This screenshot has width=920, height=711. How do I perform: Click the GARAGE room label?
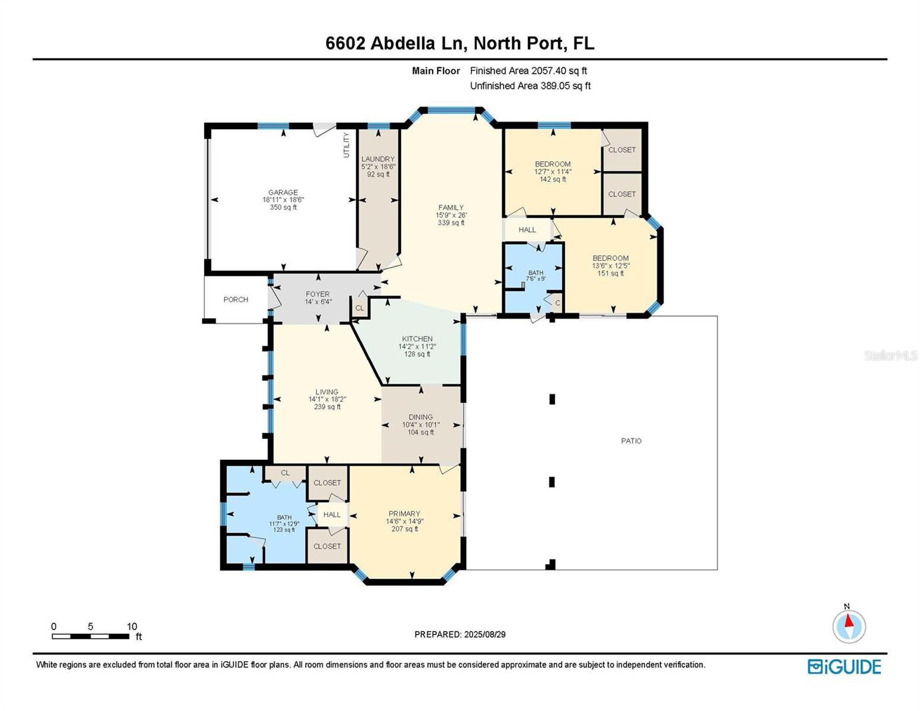coord(283,192)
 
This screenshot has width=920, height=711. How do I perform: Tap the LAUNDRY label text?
coord(377,159)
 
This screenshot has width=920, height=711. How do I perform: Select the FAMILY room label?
coord(451,207)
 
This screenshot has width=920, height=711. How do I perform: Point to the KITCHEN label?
coord(417,339)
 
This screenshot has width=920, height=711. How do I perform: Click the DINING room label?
coord(421,417)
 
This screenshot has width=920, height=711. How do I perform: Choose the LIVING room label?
coord(327,392)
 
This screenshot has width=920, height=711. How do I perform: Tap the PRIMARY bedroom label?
coord(405,513)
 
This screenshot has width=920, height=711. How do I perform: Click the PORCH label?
coord(236,299)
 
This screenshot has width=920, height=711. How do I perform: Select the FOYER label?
coord(318,294)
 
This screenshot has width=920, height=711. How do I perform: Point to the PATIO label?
coord(632,441)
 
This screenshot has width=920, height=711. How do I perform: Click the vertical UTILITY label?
coord(347,145)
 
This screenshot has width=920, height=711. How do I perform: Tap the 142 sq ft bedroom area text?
coord(553,179)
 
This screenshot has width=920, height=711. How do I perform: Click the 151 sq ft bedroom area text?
coord(611,273)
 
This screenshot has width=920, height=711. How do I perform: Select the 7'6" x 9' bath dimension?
coord(536,278)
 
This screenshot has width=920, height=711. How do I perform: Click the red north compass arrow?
coord(849,621)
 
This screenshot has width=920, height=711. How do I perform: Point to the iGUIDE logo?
coord(844,667)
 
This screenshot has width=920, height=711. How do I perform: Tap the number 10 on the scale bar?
coord(132,626)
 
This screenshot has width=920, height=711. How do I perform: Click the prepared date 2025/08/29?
coord(485,635)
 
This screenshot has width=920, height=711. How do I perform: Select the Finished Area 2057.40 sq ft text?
coord(528,71)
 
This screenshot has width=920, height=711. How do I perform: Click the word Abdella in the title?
coord(403,43)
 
